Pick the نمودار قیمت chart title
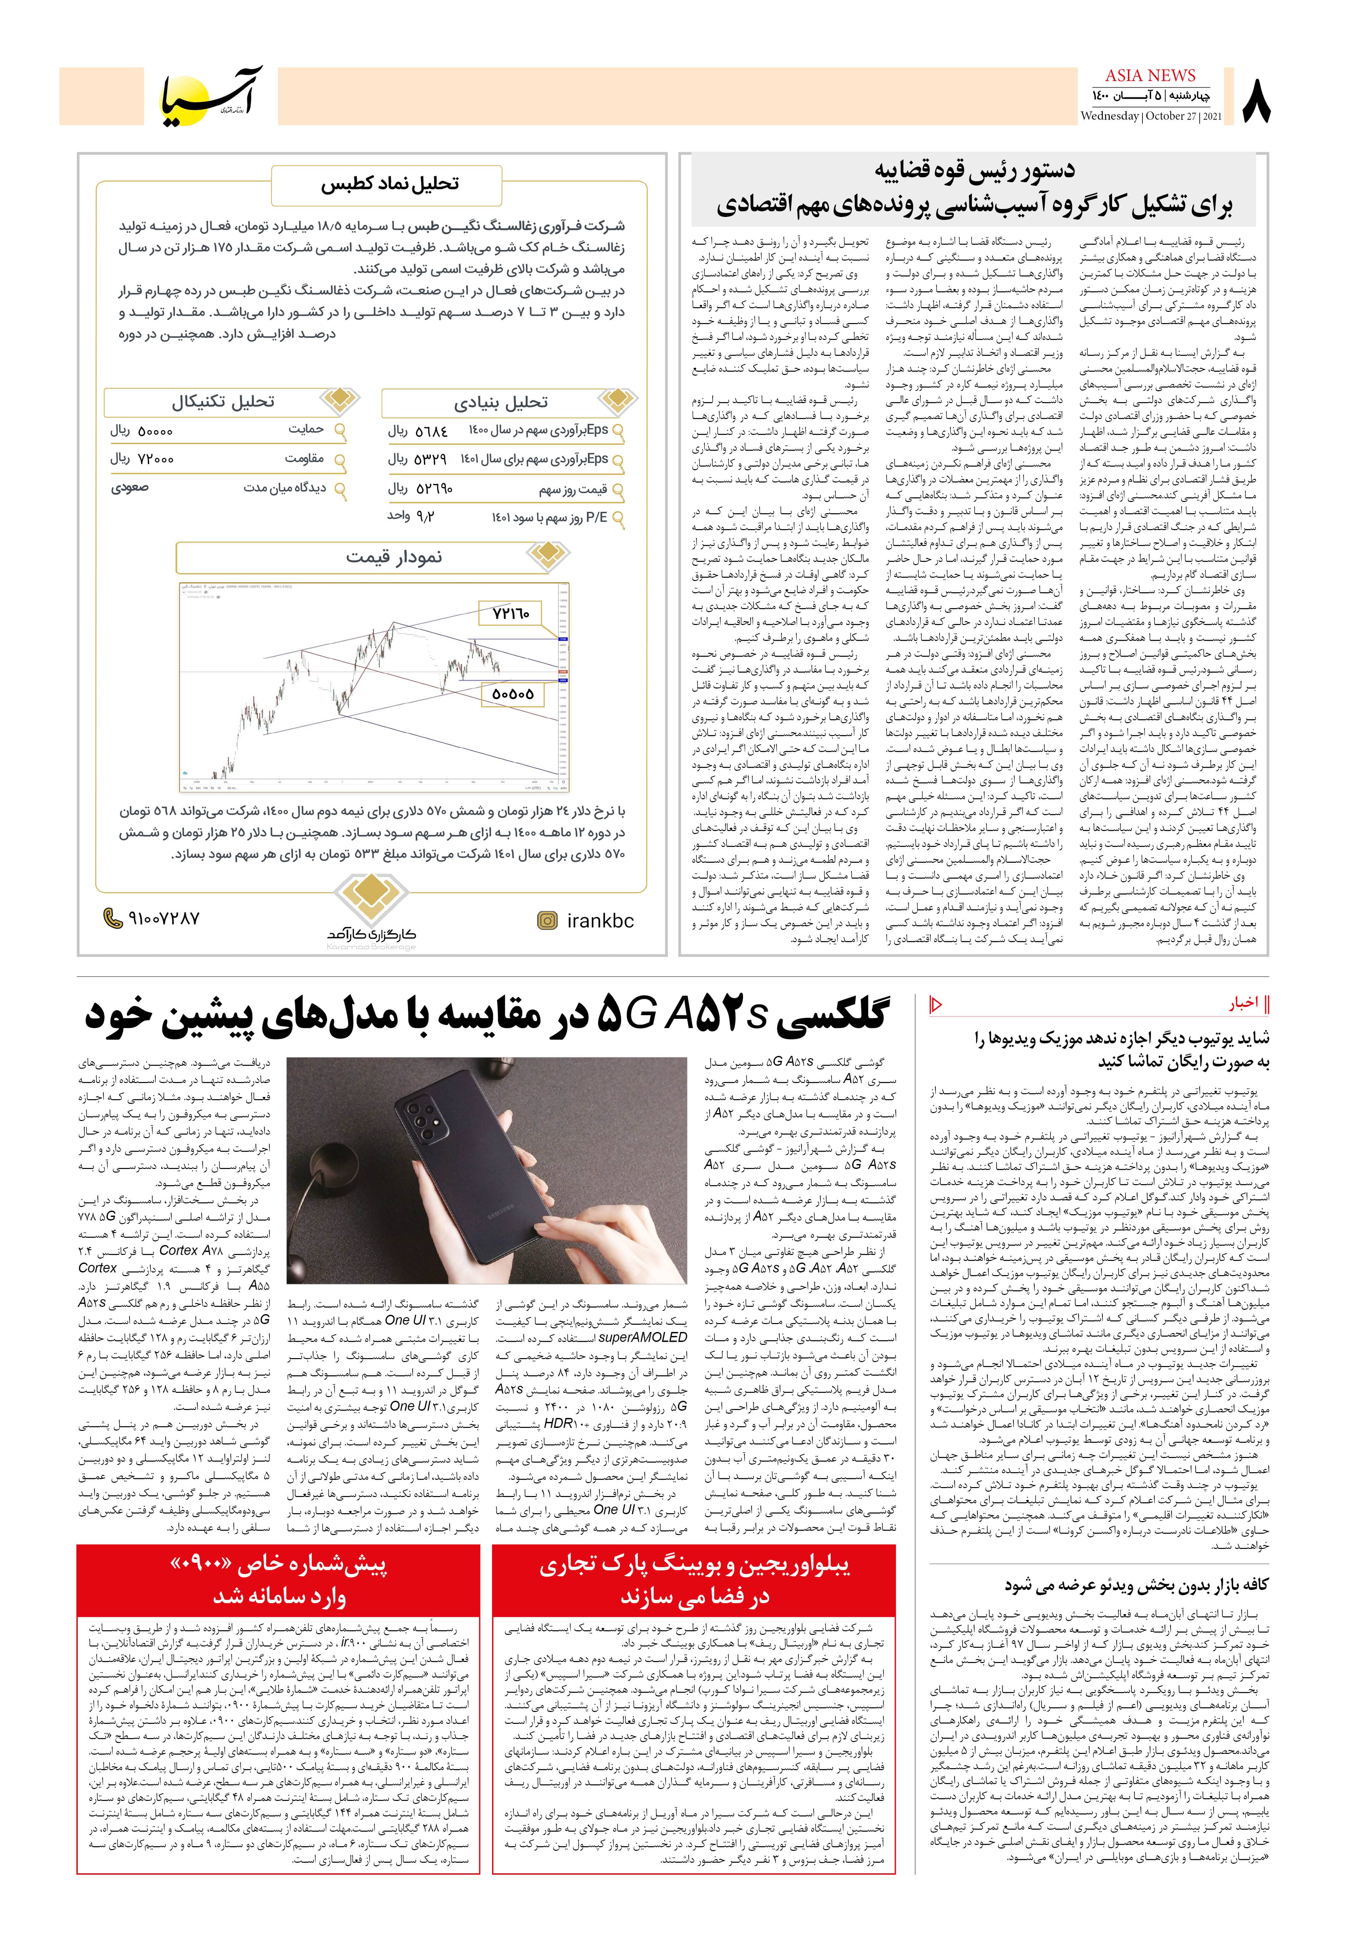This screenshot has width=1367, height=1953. pos(393,557)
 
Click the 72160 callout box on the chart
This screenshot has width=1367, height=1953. pos(510,612)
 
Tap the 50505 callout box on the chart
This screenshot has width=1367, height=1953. pos(512,694)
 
